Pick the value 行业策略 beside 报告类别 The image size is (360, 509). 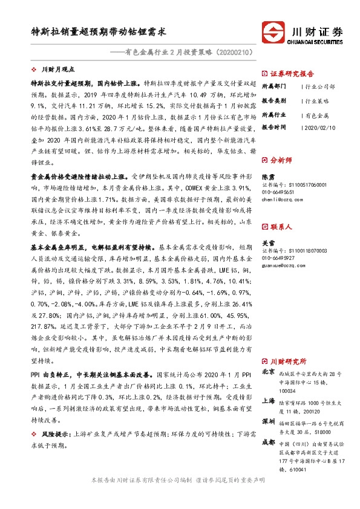[x=318, y=100]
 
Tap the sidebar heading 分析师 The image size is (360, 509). [x=281, y=161]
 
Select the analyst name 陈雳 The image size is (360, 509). [x=268, y=177]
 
